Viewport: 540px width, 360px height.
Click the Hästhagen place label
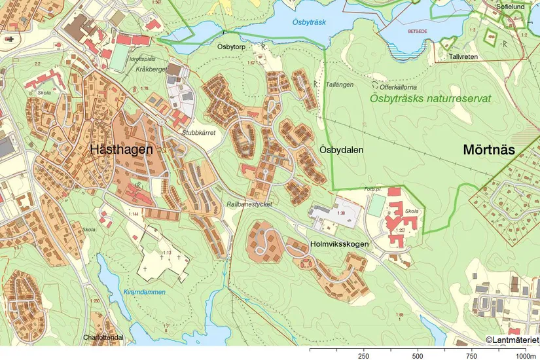point(122,149)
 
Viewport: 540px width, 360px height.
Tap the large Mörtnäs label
point(489,149)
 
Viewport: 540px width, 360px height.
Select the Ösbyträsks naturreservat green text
point(430,99)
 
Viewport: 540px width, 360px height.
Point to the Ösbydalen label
point(341,150)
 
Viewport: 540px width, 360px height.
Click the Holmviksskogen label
point(339,244)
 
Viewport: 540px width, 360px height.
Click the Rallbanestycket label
point(249,204)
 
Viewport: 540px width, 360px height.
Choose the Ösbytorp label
point(231,47)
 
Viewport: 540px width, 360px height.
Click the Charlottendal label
point(103,338)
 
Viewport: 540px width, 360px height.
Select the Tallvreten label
point(463,57)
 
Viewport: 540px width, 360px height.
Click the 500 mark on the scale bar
point(417,356)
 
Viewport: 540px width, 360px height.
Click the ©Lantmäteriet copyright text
point(511,339)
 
